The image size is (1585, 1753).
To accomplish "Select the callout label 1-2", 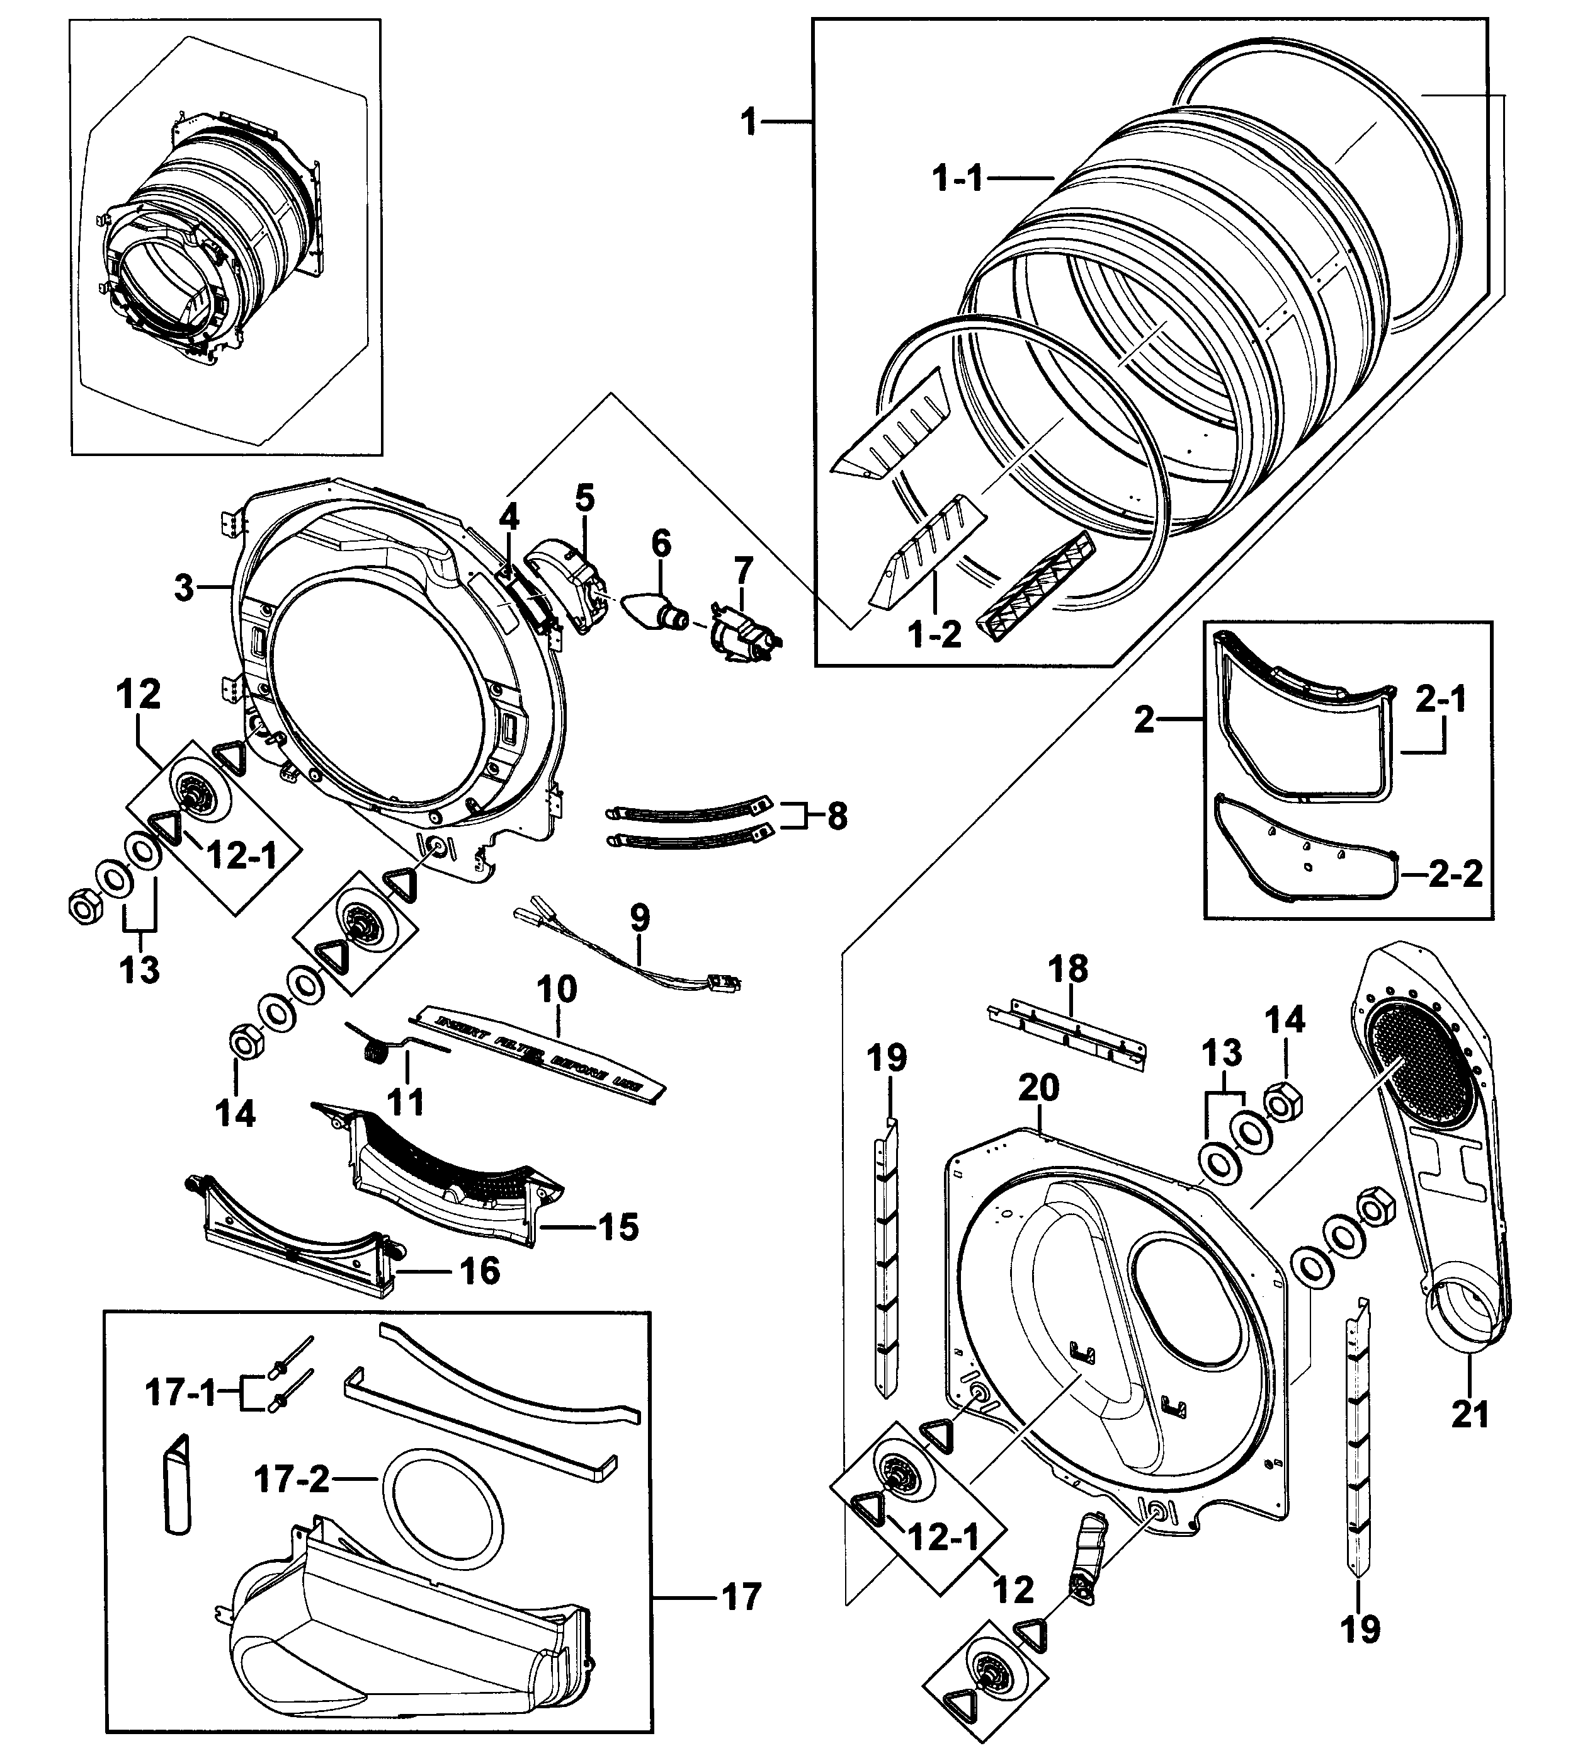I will [935, 635].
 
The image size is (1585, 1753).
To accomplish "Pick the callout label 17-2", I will [292, 1478].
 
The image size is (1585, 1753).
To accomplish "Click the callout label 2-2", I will [1455, 875].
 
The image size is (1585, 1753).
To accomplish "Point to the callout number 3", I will [183, 588].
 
